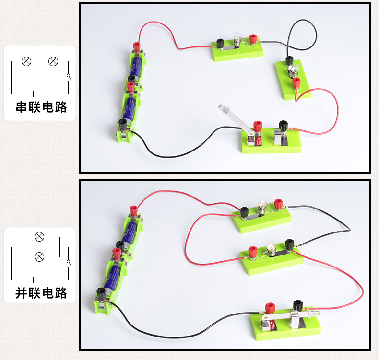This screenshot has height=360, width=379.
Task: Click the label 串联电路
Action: (x=41, y=107)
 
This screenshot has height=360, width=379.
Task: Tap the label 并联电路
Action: (x=41, y=292)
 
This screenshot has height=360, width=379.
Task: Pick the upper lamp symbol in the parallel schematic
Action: (x=40, y=236)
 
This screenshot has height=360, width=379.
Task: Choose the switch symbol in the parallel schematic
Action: (x=69, y=263)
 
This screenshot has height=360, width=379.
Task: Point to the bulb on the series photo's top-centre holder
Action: (x=236, y=38)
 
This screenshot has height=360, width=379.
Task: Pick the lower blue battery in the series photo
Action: (x=128, y=108)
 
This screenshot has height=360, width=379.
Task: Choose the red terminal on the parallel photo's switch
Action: (x=270, y=307)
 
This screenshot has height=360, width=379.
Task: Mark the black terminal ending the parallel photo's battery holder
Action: (x=101, y=292)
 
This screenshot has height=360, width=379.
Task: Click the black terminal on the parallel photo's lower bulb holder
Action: (x=289, y=244)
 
